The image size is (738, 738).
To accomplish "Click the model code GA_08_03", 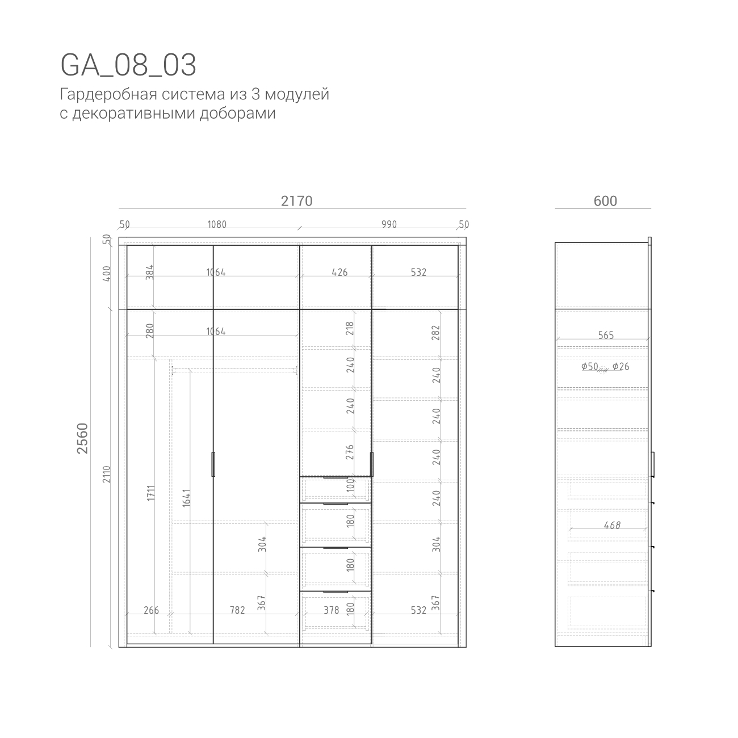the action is (128, 65).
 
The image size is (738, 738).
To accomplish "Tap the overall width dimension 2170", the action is (296, 201).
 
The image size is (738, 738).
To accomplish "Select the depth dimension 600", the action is (605, 201).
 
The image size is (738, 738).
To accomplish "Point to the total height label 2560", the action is (83, 438).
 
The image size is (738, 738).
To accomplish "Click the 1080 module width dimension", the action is (216, 224).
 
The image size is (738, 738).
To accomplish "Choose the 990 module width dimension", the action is (389, 224).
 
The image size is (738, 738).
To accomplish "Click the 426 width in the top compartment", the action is (339, 272).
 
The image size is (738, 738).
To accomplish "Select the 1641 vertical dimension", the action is (187, 498).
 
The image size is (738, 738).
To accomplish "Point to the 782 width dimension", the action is (237, 610).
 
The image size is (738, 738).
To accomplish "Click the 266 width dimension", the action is (151, 610).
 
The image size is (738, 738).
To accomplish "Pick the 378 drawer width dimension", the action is (331, 610).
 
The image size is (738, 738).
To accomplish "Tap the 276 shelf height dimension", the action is (350, 452).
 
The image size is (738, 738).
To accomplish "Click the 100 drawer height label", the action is (350, 485).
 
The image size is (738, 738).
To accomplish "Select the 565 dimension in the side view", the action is (606, 336).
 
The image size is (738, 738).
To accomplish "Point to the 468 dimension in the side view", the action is (612, 525).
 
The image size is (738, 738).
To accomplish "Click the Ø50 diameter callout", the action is (589, 367).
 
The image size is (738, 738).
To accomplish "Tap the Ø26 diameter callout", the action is (620, 367).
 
